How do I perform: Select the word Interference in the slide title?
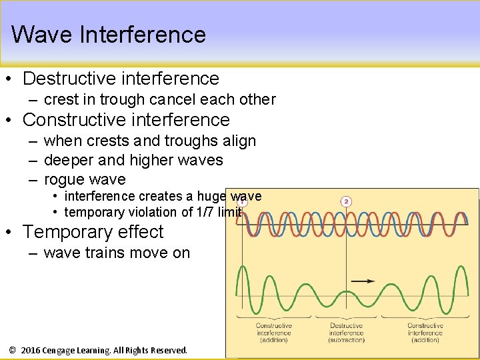pyautogui.click(x=143, y=34)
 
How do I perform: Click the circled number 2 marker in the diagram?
pyautogui.click(x=346, y=201)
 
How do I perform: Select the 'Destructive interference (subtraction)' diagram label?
pyautogui.click(x=346, y=333)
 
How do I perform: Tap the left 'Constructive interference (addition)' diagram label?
pyautogui.click(x=274, y=333)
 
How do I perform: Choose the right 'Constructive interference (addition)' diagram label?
pyautogui.click(x=425, y=333)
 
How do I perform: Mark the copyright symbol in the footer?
pyautogui.click(x=12, y=350)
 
